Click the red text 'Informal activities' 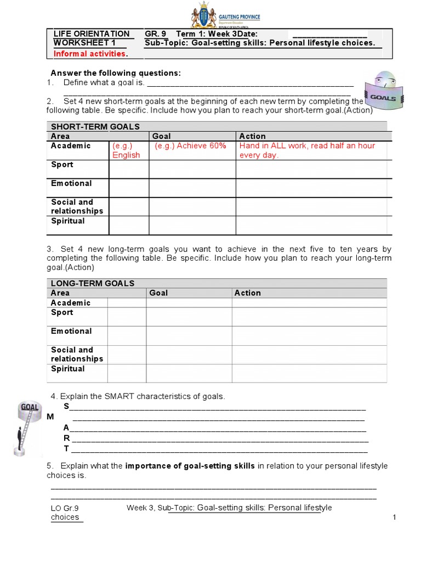[x=90, y=53]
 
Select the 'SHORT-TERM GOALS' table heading [x=95, y=126]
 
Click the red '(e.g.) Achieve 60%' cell [x=190, y=145]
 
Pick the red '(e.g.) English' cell [x=126, y=150]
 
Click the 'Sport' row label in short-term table [x=62, y=165]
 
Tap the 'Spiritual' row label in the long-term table [x=68, y=369]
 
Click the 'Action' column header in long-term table [x=248, y=293]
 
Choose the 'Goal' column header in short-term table [x=161, y=136]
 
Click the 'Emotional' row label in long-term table [x=71, y=331]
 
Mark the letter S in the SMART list [x=66, y=406]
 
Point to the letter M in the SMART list [x=50, y=417]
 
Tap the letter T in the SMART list [x=66, y=448]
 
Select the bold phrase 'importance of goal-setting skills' [x=190, y=466]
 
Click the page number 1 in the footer [x=394, y=518]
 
